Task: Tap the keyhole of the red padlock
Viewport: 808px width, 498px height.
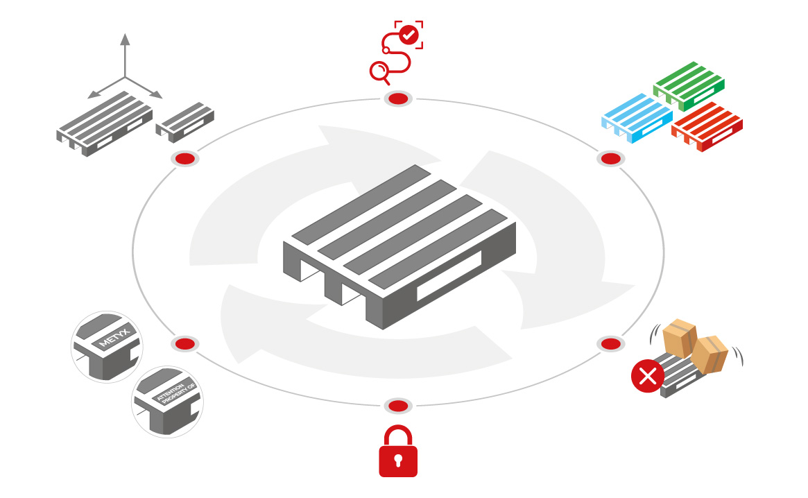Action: click(398, 460)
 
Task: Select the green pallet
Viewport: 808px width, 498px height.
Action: click(688, 85)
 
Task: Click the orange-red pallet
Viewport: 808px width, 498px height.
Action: click(707, 128)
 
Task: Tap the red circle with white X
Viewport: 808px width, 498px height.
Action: click(647, 377)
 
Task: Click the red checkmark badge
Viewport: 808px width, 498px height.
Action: click(409, 35)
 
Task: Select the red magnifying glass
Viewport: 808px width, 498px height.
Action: click(379, 71)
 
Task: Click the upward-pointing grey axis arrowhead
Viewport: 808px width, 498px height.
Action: click(125, 39)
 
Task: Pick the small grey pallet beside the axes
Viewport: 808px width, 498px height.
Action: click(185, 120)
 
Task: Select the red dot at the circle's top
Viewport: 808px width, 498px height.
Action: click(398, 99)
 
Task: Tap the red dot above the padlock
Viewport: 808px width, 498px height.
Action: click(398, 406)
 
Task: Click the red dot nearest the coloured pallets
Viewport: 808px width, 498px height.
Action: click(610, 159)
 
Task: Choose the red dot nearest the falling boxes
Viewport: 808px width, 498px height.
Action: click(610, 344)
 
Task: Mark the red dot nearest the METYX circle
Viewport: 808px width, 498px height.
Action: click(185, 344)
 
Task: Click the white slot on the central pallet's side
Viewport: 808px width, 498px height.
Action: click(449, 275)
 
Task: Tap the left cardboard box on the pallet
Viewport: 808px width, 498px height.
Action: click(680, 338)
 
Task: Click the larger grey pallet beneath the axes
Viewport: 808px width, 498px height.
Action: click(104, 123)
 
